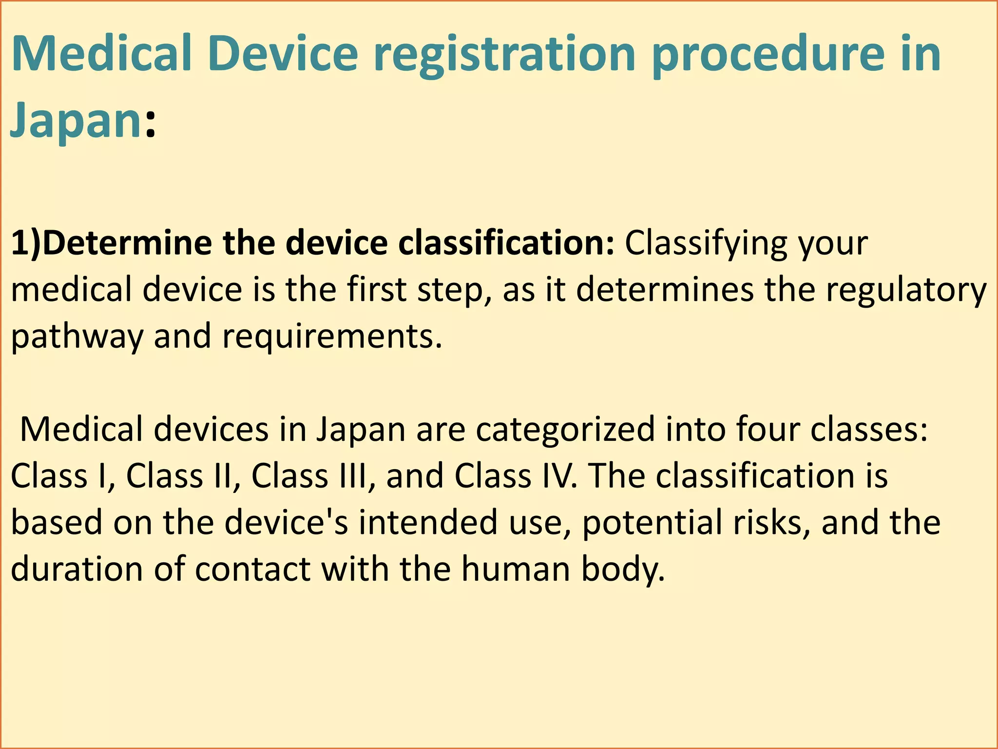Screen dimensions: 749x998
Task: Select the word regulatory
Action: click(906, 290)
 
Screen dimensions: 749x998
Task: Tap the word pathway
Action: click(77, 336)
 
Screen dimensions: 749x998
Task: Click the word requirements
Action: click(332, 336)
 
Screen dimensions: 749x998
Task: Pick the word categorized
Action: click(565, 430)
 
